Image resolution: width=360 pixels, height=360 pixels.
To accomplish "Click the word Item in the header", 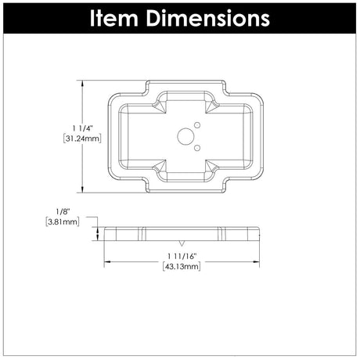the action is (114, 18).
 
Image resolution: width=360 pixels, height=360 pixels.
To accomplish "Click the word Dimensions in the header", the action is (208, 18).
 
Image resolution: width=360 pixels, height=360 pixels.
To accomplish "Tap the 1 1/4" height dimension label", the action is (82, 128).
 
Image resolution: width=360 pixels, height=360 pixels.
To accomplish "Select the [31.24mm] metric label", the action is (82, 139).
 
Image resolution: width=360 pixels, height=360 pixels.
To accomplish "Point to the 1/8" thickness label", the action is (63, 211).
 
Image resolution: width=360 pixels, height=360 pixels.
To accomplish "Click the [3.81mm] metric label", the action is (63, 222).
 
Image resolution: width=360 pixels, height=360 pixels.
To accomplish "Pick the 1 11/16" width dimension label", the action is (182, 257).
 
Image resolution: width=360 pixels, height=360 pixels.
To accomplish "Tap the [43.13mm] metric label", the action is (182, 267).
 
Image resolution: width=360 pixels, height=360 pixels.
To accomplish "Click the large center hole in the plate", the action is (185, 136).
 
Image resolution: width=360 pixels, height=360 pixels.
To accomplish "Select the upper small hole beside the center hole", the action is (197, 125).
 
